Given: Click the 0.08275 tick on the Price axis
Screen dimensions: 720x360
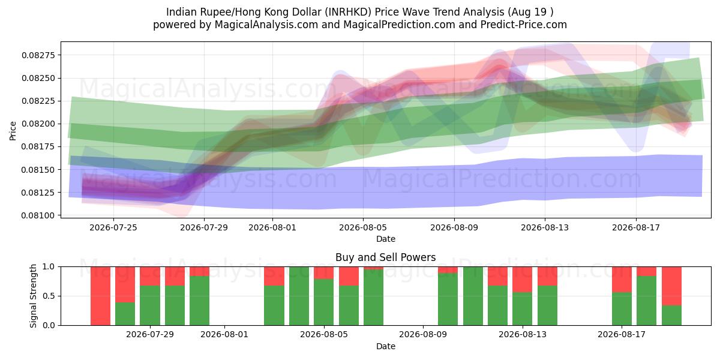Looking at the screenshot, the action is [38, 55].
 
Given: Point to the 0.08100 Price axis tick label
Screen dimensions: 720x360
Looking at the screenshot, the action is [38, 215].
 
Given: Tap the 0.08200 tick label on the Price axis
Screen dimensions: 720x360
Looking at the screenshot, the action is [38, 124].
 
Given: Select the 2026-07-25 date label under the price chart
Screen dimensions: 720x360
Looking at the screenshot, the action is [113, 227].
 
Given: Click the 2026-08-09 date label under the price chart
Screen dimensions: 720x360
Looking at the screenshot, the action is [454, 227].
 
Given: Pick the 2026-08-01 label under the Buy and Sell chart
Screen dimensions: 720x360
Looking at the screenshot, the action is [224, 335].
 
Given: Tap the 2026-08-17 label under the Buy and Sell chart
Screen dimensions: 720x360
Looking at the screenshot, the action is [622, 335].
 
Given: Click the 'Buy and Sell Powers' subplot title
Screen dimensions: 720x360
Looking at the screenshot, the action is [386, 257].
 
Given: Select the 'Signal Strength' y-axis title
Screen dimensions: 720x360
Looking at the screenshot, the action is [33, 296].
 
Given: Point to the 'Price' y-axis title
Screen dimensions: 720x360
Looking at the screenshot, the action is [13, 131].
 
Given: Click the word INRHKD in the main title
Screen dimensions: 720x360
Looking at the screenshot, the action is [347, 12].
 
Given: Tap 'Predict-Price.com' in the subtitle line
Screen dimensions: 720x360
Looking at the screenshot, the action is [524, 25].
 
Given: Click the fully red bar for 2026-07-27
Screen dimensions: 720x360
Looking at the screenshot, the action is [100, 296].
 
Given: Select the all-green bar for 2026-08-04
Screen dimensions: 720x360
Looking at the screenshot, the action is [299, 296].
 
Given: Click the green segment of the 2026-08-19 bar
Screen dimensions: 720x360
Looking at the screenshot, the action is [671, 316].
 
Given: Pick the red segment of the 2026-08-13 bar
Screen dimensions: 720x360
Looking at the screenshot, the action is [547, 276].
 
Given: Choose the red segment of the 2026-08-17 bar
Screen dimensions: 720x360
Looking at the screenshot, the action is [622, 280].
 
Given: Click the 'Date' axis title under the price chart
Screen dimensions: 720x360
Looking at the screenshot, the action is [386, 239].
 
